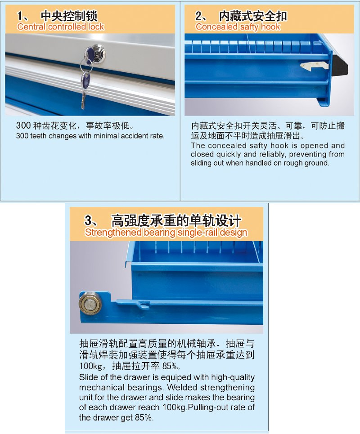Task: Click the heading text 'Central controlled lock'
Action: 60,27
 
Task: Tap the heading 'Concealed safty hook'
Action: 238,27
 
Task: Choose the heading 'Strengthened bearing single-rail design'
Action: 166,233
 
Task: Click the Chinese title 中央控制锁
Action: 69,16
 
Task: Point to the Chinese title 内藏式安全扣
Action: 253,16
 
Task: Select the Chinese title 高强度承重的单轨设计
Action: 176,221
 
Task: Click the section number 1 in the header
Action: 20,16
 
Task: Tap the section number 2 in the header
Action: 199,16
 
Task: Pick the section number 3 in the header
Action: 88,221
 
